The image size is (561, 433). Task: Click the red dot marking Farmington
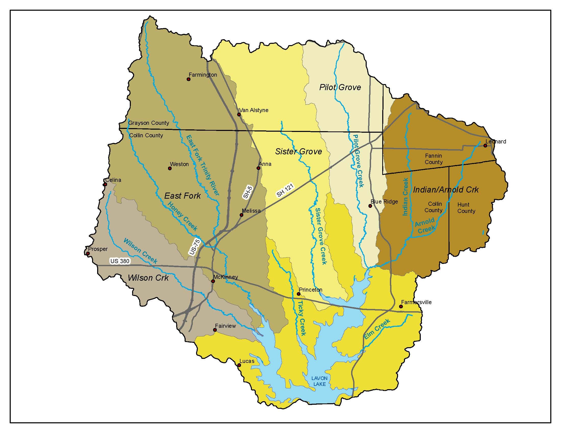[x=188, y=79]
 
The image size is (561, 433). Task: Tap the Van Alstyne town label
[x=254, y=110]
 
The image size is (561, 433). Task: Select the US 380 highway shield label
[x=120, y=261]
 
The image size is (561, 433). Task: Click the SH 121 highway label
[x=285, y=190]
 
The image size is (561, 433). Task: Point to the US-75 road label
[x=195, y=247]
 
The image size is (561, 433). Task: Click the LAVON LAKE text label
[x=319, y=381]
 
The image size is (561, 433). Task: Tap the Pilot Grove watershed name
[x=340, y=87]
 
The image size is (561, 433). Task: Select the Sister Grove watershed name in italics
[x=299, y=151]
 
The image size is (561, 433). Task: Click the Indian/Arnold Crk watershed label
[x=446, y=190]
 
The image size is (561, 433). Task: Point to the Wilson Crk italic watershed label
[x=148, y=278]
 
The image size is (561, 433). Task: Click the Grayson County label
[x=148, y=123]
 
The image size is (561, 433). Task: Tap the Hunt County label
[x=466, y=208]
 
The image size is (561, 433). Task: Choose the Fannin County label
[x=433, y=159]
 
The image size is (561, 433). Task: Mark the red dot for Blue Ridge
[x=370, y=206]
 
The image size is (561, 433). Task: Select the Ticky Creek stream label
[x=302, y=318]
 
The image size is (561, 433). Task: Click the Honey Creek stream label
[x=183, y=216]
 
